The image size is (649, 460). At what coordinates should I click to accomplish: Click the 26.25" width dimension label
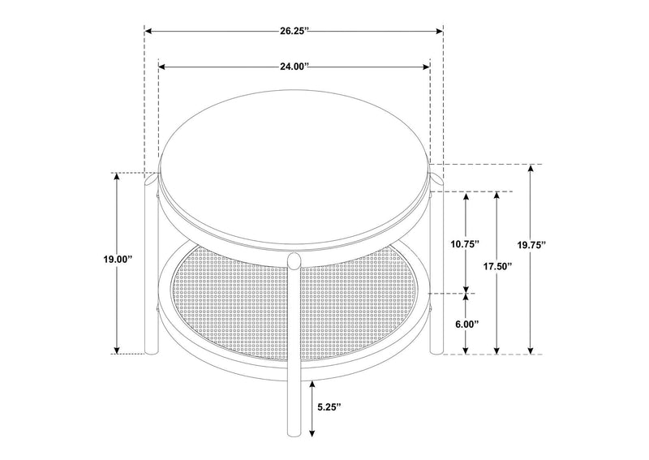294,31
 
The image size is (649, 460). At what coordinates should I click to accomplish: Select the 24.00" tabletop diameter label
294,67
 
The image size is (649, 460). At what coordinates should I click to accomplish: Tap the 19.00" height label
117,260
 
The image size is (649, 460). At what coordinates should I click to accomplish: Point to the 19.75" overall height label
531,245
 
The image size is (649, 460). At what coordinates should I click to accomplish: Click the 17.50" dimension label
497,266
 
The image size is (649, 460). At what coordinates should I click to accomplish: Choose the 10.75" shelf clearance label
465,244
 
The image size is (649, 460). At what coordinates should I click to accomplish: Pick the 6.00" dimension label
466,324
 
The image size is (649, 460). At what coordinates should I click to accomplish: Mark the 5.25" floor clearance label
329,407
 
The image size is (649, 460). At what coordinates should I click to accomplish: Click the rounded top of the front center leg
294,261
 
